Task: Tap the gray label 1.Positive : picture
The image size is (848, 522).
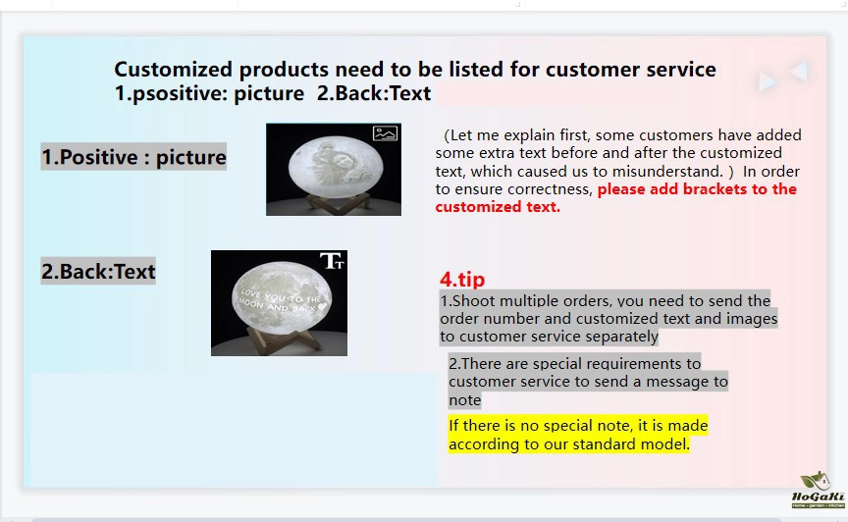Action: (x=133, y=157)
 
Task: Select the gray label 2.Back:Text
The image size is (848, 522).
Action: (x=98, y=271)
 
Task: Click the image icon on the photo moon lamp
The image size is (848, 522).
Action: (x=385, y=133)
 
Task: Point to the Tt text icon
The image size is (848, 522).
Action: (x=332, y=261)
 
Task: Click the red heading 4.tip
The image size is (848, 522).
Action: (x=462, y=279)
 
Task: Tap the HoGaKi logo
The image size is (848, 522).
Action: (x=818, y=490)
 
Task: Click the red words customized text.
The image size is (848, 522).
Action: (x=498, y=207)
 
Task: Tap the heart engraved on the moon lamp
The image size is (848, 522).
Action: (x=322, y=306)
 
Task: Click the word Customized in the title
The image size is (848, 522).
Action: (x=173, y=70)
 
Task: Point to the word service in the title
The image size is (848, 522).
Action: (x=680, y=70)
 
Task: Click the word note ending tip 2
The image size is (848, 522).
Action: (x=464, y=399)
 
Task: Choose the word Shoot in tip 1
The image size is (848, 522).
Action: (x=471, y=301)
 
